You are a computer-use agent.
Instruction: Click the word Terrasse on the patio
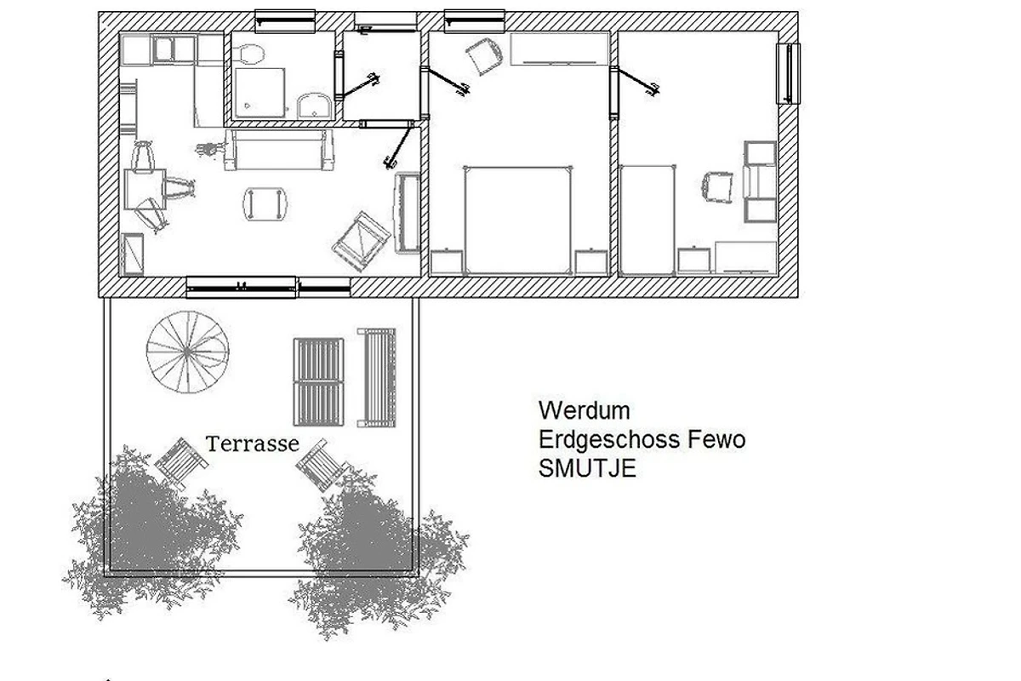[x=252, y=444]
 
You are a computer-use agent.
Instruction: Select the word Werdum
[x=584, y=410]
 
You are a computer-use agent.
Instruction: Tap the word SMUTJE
[x=587, y=468]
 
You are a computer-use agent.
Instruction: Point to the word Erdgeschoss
[x=610, y=439]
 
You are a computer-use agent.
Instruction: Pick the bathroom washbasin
[x=314, y=106]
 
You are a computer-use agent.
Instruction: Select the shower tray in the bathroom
[x=260, y=93]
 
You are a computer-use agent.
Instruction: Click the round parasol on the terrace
[x=187, y=352]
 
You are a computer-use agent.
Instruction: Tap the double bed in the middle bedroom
[x=518, y=221]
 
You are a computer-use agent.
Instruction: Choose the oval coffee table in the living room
[x=265, y=204]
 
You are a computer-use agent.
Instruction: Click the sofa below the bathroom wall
[x=279, y=150]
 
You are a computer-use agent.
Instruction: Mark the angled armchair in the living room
[x=361, y=241]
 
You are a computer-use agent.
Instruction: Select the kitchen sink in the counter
[x=163, y=49]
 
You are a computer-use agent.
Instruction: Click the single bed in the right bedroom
[x=647, y=220]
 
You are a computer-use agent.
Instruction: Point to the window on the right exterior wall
[x=788, y=73]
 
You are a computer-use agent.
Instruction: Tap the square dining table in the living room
[x=145, y=189]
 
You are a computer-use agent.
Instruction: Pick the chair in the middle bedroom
[x=484, y=56]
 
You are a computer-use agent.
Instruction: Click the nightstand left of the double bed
[x=447, y=262]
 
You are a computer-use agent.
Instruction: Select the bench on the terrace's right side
[x=376, y=377]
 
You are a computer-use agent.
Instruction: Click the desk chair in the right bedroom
[x=717, y=187]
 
